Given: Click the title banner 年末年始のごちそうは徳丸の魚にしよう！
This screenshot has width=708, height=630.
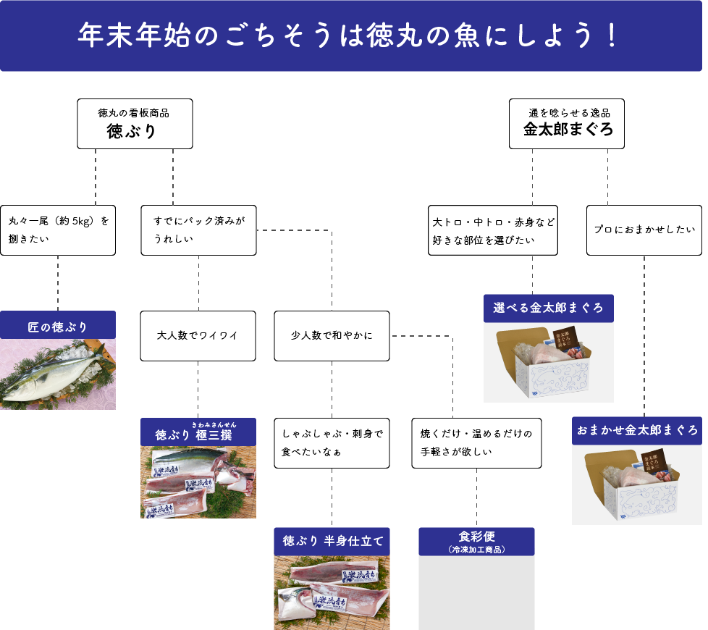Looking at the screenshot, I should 351,36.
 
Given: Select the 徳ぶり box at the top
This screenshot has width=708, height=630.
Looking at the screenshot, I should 135,124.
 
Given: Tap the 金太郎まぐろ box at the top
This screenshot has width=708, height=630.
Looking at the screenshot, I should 567,124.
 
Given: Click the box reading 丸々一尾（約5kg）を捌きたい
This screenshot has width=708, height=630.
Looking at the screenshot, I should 58,230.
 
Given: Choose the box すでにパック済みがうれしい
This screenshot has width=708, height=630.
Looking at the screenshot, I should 198,230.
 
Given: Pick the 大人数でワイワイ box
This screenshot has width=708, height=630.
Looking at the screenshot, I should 198,336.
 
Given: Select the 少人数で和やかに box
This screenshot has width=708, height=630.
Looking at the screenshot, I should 332,336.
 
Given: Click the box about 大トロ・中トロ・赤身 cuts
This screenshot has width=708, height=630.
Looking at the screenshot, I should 493,230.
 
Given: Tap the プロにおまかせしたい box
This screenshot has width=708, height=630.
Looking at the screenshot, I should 644,230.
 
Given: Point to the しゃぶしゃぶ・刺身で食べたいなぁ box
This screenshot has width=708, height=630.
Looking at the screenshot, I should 332,442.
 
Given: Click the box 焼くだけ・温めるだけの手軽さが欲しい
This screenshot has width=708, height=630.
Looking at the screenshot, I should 476,442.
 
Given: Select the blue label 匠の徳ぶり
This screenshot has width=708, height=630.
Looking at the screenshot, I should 58,325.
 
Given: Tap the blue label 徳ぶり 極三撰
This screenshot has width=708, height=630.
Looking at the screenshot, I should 198,432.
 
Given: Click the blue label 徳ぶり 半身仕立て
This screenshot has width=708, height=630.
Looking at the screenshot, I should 332,541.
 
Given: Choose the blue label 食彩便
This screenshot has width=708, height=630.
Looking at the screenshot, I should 476,541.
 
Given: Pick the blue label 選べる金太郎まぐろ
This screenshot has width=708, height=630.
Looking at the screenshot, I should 548,308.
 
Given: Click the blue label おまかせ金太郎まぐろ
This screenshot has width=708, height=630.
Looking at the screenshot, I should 637,430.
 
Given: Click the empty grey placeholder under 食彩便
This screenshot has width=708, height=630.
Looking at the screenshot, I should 476,592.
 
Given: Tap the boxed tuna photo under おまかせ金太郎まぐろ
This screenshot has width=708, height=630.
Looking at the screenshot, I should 637,484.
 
